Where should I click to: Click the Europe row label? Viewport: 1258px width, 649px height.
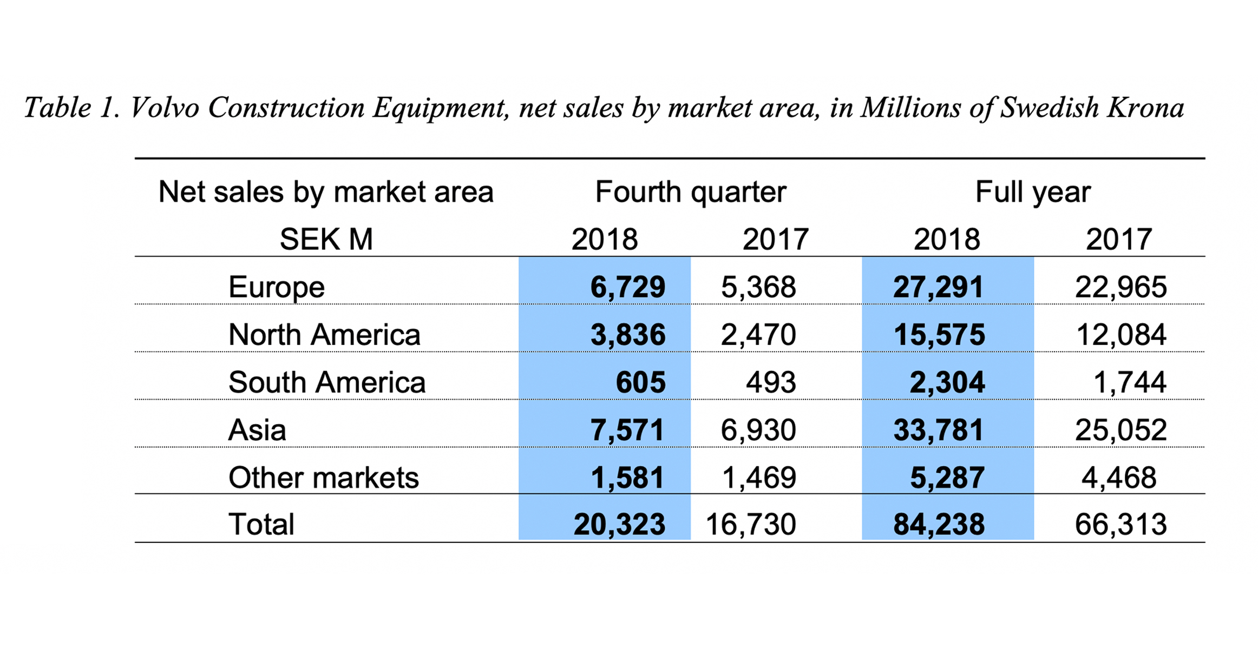(x=276, y=287)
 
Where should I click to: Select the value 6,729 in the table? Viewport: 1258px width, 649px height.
(x=627, y=287)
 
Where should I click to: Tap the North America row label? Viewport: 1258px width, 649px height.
(x=324, y=335)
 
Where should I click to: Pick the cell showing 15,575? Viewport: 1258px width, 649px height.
(x=939, y=335)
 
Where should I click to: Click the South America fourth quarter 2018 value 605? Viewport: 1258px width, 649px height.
(x=640, y=382)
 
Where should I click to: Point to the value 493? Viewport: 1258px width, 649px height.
(x=771, y=382)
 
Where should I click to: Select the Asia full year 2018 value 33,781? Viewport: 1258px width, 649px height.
(x=938, y=430)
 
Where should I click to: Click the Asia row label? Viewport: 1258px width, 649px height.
(x=257, y=430)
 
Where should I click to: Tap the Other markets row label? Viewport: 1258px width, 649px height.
(x=324, y=478)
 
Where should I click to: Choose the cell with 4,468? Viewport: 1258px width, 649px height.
(x=1119, y=478)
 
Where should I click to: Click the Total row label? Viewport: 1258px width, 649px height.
(x=261, y=524)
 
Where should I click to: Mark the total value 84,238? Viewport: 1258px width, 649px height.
(x=939, y=524)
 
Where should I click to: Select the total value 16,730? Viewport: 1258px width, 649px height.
(x=751, y=524)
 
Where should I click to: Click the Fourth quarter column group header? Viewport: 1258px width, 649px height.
(x=690, y=192)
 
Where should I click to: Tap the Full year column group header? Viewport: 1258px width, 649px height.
(x=1033, y=192)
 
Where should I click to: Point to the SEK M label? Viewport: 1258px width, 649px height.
(x=326, y=239)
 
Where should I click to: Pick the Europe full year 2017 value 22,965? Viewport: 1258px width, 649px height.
(x=1121, y=287)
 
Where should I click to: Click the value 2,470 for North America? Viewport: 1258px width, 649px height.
(x=758, y=335)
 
